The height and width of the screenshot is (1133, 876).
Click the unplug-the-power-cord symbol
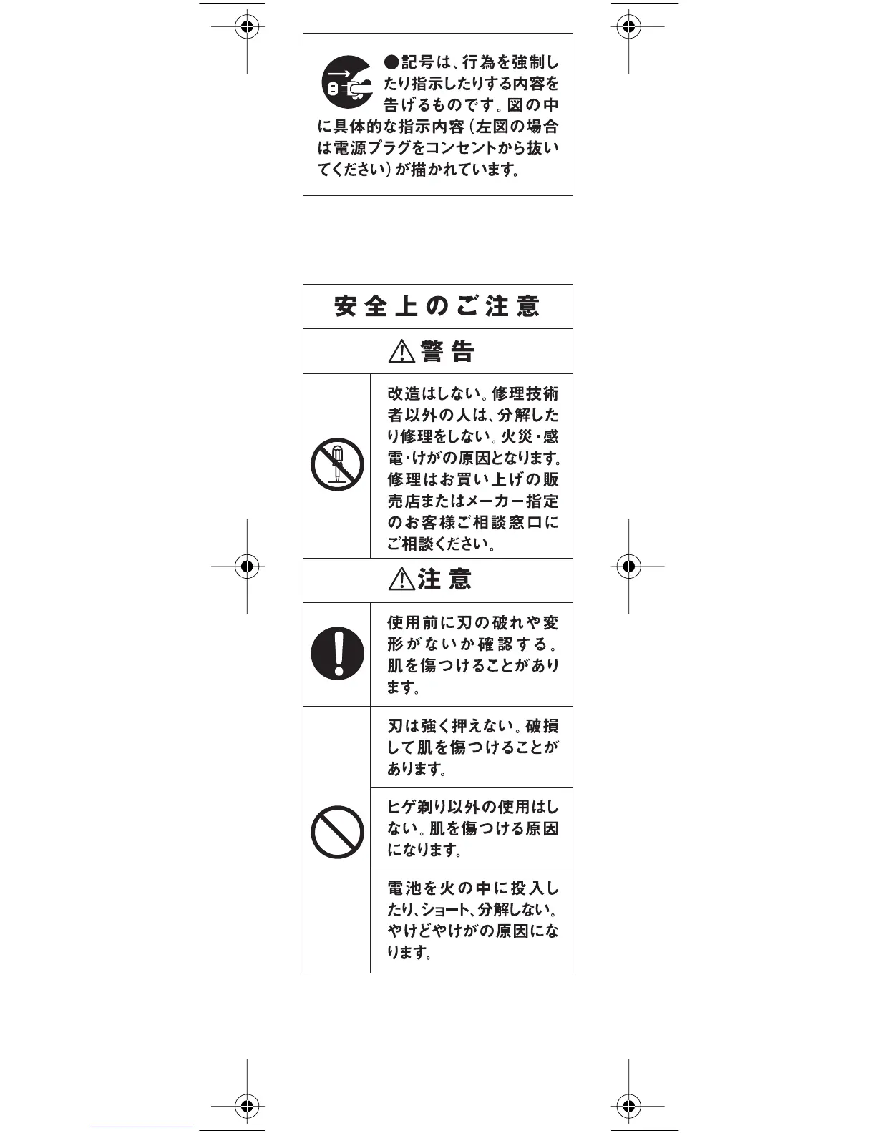pyautogui.click(x=347, y=82)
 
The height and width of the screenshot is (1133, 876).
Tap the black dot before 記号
pyautogui.click(x=391, y=62)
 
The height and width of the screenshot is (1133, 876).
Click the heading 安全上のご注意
pyautogui.click(x=437, y=307)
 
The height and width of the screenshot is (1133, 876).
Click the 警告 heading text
pyautogui.click(x=448, y=351)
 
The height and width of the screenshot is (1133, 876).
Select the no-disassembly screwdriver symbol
pyautogui.click(x=337, y=464)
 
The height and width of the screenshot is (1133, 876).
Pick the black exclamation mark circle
pyautogui.click(x=337, y=654)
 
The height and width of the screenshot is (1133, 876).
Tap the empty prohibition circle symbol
pyautogui.click(x=337, y=832)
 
